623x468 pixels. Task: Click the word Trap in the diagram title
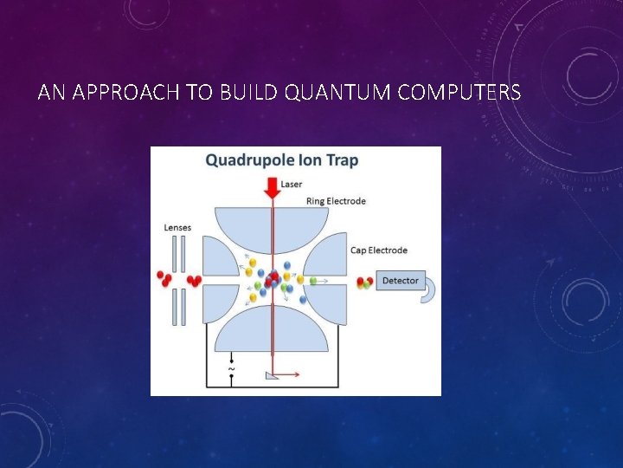pyautogui.click(x=341, y=160)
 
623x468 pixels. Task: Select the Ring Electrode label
pyautogui.click(x=336, y=201)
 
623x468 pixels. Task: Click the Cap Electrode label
pyautogui.click(x=378, y=250)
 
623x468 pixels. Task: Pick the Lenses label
pyautogui.click(x=177, y=228)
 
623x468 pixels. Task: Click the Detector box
pyautogui.click(x=400, y=281)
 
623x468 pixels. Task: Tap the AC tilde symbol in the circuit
pyautogui.click(x=230, y=370)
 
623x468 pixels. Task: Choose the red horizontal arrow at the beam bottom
pyautogui.click(x=288, y=375)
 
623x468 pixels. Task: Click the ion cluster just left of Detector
pyautogui.click(x=365, y=282)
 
